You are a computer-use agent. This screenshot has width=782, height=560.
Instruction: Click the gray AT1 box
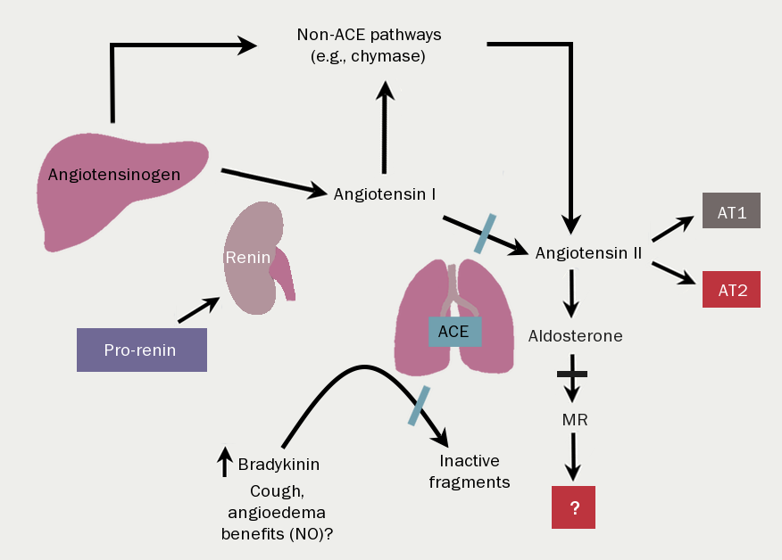coord(731,210)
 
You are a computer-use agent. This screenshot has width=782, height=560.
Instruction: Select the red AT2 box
coord(731,289)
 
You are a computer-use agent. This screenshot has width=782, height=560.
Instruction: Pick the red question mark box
coord(574,507)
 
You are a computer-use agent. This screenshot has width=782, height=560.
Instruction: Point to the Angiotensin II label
coord(588,253)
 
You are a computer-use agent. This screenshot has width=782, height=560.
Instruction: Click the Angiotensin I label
coord(384,193)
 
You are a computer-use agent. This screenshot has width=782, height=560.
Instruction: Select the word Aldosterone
coord(575,336)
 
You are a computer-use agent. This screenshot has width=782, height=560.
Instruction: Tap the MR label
coord(574,418)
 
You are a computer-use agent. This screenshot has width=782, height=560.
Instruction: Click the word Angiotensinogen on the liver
coord(114,174)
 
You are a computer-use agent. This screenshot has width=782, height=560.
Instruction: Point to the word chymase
coord(397,57)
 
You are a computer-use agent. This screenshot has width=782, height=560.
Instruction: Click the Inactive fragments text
coord(474,472)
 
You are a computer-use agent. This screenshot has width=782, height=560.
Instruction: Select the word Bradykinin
coord(279,464)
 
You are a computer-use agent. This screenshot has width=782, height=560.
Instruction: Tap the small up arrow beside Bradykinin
coord(224,461)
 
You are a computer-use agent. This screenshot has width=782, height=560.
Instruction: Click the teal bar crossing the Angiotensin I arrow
coord(485,233)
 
